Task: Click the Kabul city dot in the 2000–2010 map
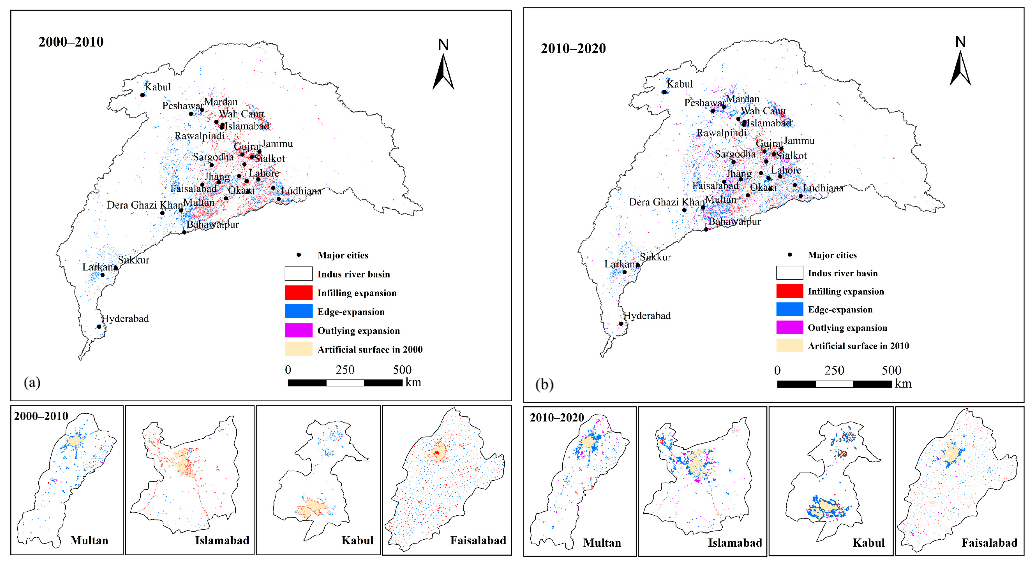(142, 95)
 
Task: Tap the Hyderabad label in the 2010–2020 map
(647, 316)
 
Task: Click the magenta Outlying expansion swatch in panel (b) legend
(789, 327)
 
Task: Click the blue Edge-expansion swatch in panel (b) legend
(789, 309)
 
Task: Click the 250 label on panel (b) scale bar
(834, 370)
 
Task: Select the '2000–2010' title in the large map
(71, 42)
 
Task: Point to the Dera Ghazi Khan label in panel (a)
(145, 205)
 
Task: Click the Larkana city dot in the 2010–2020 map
(624, 272)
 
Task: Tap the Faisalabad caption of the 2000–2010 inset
(478, 540)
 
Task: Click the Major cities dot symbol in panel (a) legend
(299, 255)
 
